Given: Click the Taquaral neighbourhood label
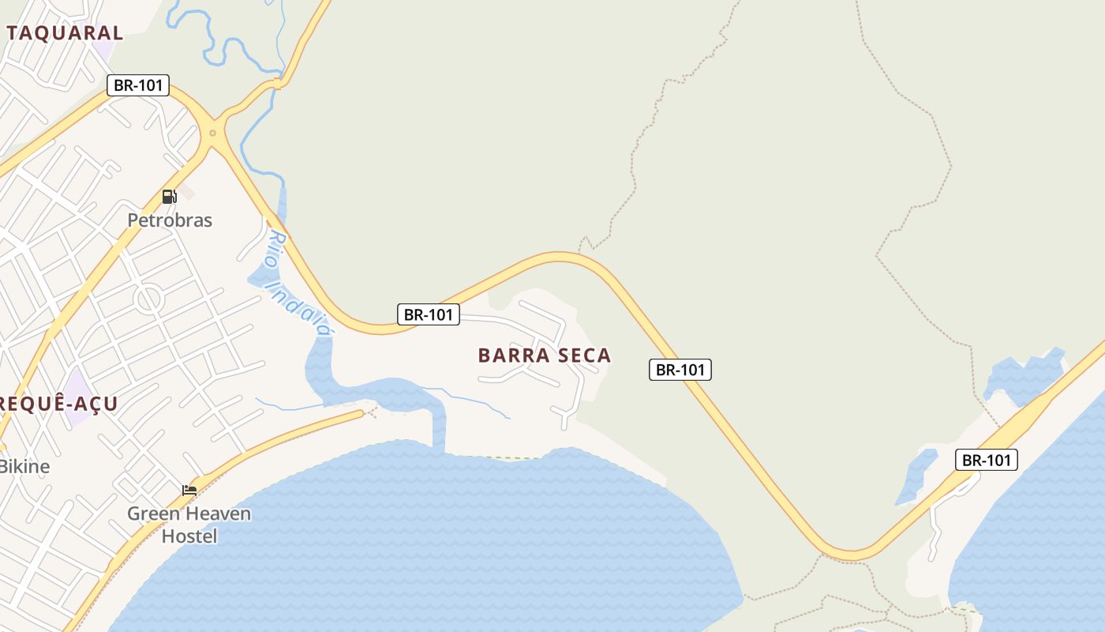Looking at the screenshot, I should click(x=66, y=32).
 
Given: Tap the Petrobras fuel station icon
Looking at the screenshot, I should click(x=169, y=196).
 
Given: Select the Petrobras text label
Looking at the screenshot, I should click(x=170, y=220).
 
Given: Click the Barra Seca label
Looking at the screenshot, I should click(x=545, y=355).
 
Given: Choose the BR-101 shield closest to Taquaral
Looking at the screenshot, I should click(x=138, y=85).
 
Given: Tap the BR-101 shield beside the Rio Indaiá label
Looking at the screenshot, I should click(x=428, y=314).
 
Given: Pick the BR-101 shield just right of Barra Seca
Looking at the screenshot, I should click(x=680, y=369).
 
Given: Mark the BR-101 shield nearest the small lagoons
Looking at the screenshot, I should click(x=987, y=460).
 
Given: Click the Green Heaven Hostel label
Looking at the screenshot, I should click(x=189, y=525).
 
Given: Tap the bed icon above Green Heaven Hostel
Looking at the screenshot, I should click(x=189, y=490).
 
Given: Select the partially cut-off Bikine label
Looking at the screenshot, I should click(x=24, y=466).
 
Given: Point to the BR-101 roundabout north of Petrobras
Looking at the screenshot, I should click(x=212, y=133).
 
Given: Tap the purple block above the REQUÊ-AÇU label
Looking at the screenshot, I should click(x=77, y=387).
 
